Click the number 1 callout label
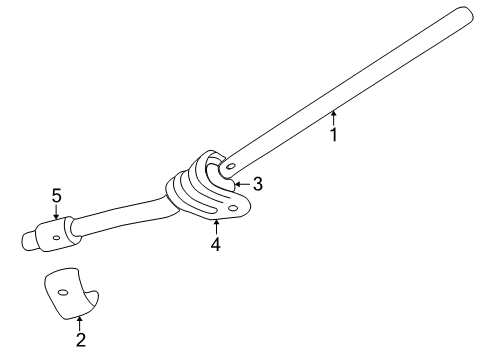[334, 134]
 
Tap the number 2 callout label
[80, 340]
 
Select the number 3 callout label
[257, 183]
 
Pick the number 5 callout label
[57, 197]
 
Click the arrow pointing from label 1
[334, 117]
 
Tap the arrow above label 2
[80, 322]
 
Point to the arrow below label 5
[57, 213]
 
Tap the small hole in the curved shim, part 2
[62, 292]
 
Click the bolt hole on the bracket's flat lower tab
[232, 208]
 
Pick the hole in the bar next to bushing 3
[232, 166]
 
